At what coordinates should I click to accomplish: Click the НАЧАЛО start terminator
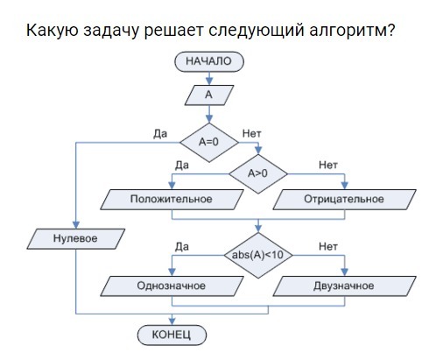[x=209, y=61]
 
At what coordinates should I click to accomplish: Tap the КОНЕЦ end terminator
[x=172, y=335]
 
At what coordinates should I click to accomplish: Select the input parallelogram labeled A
[x=209, y=95]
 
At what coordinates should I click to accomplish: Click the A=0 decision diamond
[x=209, y=143]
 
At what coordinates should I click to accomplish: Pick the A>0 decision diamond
[x=258, y=173]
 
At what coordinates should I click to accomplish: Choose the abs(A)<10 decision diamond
[x=258, y=255]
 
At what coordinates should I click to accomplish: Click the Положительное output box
[x=172, y=200]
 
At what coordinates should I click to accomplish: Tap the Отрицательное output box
[x=344, y=200]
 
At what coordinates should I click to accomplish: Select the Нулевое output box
[x=76, y=239]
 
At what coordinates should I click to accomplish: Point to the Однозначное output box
[x=172, y=286]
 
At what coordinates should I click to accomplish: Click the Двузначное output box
[x=344, y=286]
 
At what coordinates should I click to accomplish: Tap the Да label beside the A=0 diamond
[x=160, y=134]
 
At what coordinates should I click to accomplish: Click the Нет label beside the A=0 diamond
[x=252, y=134]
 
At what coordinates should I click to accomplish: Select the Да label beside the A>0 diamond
[x=182, y=166]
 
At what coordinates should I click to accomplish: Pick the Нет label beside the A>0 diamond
[x=328, y=166]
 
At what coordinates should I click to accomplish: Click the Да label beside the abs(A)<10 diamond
[x=182, y=247]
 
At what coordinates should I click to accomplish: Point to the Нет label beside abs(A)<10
[x=328, y=247]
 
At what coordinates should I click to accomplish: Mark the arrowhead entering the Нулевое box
[x=76, y=225]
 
